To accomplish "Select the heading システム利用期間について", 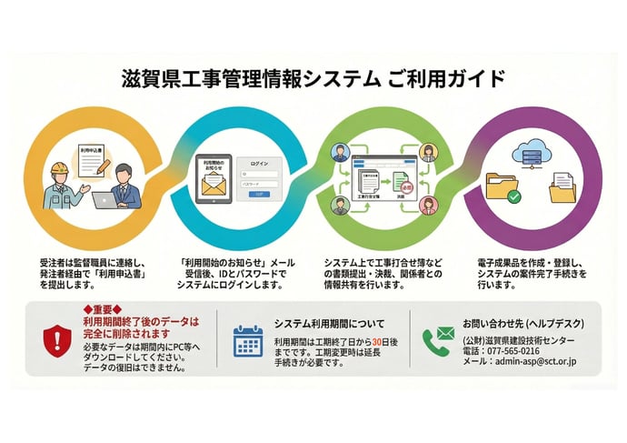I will pyautogui.click(x=329, y=323).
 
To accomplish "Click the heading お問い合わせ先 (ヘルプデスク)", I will pyautogui.click(x=522, y=323).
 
